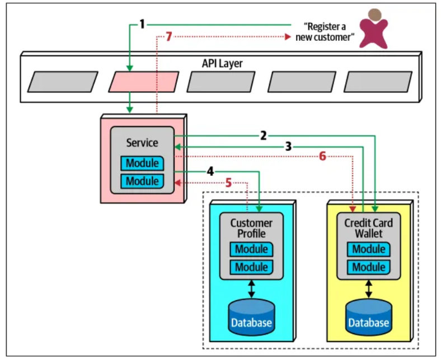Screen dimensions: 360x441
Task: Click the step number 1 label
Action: pos(142,25)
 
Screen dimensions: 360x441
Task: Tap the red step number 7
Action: pos(168,38)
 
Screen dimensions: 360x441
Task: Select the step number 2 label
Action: pos(263,135)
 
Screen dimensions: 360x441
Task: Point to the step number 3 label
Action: pos(288,147)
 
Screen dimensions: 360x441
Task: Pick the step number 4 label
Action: pos(209,171)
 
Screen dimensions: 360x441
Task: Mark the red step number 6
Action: pos(322,157)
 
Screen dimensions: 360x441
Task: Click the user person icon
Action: pos(374,28)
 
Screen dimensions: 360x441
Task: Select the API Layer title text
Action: pos(222,63)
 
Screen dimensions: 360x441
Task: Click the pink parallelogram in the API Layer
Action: pos(143,82)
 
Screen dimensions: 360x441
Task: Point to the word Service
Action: pos(142,143)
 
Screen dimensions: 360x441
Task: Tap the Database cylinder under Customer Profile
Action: pos(251,317)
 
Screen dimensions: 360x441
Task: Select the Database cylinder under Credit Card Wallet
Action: pos(368,317)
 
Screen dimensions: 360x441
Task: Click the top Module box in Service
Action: pos(142,163)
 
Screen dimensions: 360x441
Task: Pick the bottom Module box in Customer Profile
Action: pos(251,267)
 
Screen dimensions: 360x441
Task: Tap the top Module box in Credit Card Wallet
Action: pos(368,249)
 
